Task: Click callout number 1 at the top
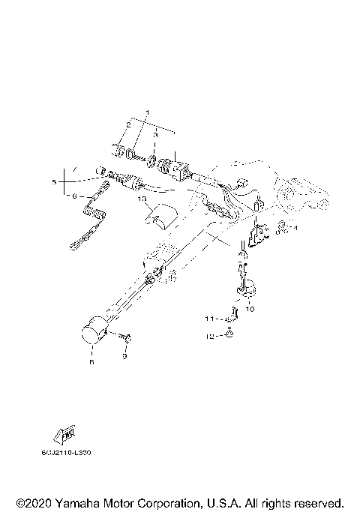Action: (x=147, y=112)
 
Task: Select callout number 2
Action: (x=128, y=126)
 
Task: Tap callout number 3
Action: (x=155, y=126)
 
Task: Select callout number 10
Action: (x=250, y=308)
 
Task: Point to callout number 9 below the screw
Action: (x=126, y=357)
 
